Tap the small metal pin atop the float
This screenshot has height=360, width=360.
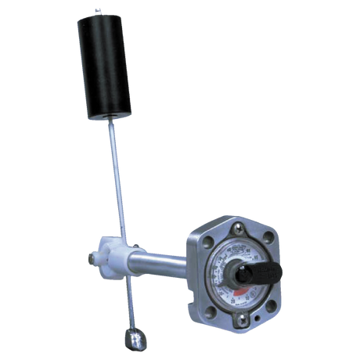point(96,12)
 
